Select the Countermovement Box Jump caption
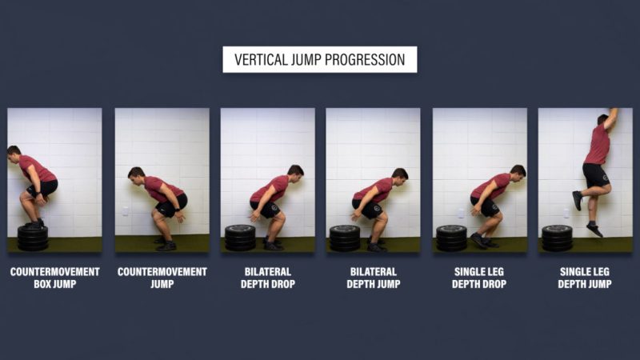[54, 278]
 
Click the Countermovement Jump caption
[162, 278]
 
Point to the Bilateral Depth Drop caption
[268, 278]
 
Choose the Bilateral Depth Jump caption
[374, 278]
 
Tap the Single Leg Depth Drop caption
[479, 278]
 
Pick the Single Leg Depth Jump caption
[585, 278]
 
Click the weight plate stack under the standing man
[33, 238]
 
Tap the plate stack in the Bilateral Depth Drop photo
[240, 238]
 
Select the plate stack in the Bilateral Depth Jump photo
[345, 238]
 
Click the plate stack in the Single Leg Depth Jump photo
[557, 238]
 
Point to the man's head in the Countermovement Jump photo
[137, 174]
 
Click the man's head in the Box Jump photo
[14, 154]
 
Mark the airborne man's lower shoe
[594, 230]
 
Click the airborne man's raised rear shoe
[577, 201]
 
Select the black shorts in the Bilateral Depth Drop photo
[266, 210]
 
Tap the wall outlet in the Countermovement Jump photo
[126, 211]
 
